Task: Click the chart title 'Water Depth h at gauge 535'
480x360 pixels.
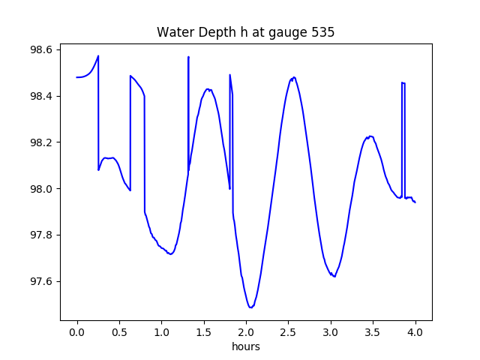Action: tap(245, 32)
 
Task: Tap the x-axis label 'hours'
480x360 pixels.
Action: tap(245, 347)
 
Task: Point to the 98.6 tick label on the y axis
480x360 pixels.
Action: tap(40, 49)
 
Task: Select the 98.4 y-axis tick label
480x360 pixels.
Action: tap(40, 96)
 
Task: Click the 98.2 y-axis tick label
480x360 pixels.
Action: tap(40, 142)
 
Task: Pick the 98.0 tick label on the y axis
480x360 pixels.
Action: tap(40, 189)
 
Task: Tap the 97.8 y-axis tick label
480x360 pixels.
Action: tap(40, 235)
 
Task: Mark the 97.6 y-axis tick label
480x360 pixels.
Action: tap(40, 282)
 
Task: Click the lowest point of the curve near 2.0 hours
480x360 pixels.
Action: tap(250, 307)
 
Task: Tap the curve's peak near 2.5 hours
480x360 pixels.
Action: tap(293, 77)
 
